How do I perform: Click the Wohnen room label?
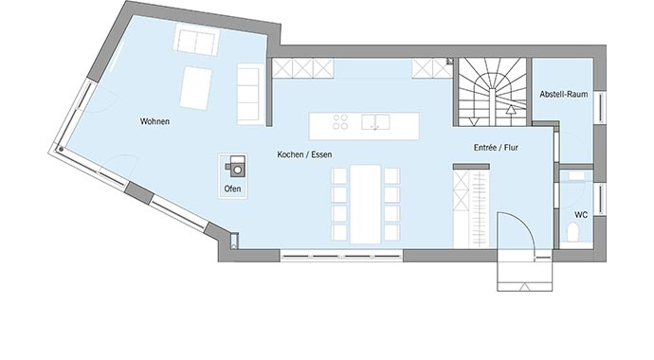point(154,121)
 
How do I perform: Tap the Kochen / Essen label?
point(304,153)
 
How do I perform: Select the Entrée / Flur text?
point(495,149)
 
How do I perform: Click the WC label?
point(580,215)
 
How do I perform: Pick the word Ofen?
point(232,189)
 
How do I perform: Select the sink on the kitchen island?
point(378,121)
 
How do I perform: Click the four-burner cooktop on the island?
point(341,121)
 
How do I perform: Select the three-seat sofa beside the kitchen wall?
point(250,93)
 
